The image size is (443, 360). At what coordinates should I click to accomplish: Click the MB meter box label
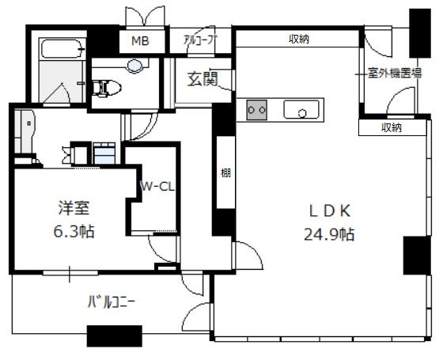click(x=140, y=41)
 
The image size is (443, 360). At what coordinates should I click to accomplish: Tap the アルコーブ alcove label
click(x=199, y=40)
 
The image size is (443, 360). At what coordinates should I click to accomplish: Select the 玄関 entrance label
click(x=203, y=78)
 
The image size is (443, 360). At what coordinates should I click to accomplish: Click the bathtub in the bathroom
click(x=62, y=49)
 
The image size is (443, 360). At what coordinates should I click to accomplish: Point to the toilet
click(x=107, y=88)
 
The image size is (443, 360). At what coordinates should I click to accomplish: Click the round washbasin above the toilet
click(x=134, y=66)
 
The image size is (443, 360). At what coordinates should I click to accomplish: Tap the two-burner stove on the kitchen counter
click(x=256, y=110)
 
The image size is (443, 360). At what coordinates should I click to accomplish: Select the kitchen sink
click(x=301, y=109)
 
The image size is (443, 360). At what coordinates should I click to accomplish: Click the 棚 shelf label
click(x=225, y=172)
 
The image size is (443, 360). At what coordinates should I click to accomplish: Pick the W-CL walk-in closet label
click(x=157, y=187)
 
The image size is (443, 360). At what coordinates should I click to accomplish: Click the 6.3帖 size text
click(x=74, y=231)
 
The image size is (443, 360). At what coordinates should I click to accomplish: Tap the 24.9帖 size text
click(x=329, y=234)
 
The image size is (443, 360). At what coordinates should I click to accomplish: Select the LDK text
click(x=330, y=211)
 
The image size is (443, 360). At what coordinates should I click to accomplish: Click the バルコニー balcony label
click(x=112, y=302)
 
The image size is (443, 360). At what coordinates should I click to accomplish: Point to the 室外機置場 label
click(x=395, y=74)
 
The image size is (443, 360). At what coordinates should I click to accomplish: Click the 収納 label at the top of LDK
click(x=299, y=39)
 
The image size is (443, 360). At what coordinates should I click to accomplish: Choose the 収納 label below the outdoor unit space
click(x=392, y=128)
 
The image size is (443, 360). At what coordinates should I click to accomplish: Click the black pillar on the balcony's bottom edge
click(x=115, y=336)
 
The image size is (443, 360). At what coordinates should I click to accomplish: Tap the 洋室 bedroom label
click(x=74, y=208)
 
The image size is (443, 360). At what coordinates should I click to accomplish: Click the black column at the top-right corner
click(x=420, y=33)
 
